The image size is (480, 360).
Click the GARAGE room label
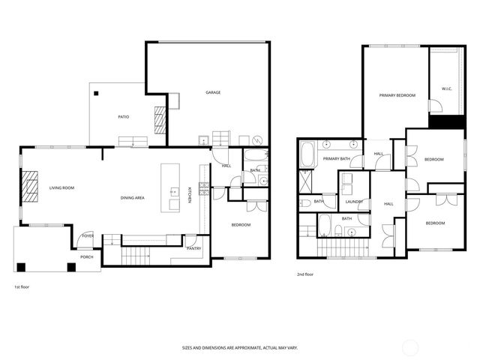213,93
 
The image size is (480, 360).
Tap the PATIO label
124,117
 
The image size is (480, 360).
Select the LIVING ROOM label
61,187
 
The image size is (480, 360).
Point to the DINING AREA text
133,198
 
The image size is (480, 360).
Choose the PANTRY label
193,248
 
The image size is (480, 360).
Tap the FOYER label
88,235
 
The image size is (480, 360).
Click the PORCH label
87,257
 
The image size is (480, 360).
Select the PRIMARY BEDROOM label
397,95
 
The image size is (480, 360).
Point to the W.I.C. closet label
446,89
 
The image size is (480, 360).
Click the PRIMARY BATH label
337,159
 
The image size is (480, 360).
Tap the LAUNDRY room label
355,201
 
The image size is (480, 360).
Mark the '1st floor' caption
22,287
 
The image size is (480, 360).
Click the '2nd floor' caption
305,274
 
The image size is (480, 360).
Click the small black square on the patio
96,93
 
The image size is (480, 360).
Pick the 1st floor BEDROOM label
240,225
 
